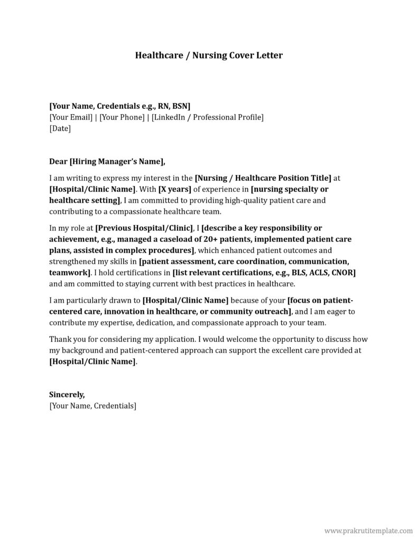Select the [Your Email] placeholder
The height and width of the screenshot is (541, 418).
[x=70, y=117]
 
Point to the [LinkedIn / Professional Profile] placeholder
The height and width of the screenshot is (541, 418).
[x=207, y=117]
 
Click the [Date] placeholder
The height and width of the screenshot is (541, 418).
[x=60, y=128]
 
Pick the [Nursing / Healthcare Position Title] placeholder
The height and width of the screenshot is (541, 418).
[x=263, y=178]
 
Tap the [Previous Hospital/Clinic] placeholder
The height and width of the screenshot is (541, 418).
[x=144, y=228]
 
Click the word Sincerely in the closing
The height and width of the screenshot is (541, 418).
[x=67, y=394]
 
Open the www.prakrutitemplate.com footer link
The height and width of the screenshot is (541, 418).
[x=368, y=529]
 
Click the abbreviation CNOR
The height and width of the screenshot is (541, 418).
[x=343, y=272]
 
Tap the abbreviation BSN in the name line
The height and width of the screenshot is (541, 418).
[x=179, y=106]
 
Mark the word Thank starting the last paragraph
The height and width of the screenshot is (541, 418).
[x=60, y=339]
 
